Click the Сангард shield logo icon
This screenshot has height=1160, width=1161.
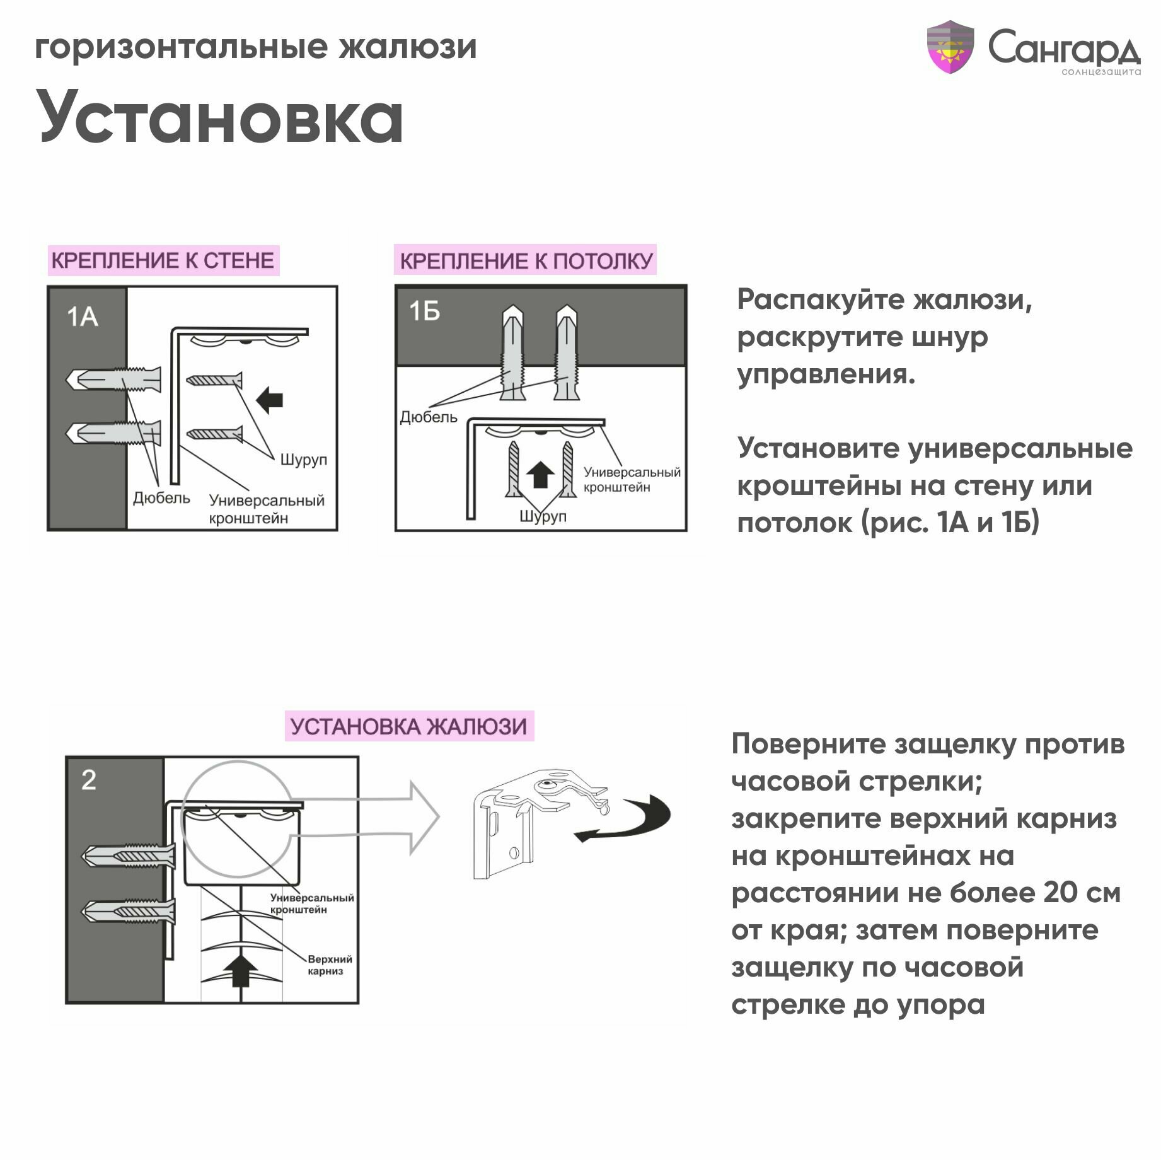tap(950, 47)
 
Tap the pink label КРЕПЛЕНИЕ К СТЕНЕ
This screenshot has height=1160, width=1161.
tap(163, 260)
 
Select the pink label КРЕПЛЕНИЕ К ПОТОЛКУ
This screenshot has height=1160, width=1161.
tap(526, 260)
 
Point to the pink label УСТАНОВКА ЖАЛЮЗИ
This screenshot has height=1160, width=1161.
tap(408, 727)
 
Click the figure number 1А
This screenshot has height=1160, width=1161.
tap(83, 317)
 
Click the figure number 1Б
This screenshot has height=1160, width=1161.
tap(424, 311)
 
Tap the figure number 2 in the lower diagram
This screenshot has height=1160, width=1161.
tap(89, 780)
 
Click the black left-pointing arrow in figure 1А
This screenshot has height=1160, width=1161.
tap(270, 400)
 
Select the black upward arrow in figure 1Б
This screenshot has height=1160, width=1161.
tap(540, 474)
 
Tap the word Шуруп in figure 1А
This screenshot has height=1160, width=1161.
tap(303, 460)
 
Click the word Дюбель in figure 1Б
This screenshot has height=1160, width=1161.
tap(429, 417)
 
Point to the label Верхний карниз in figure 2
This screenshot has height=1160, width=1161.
tap(330, 965)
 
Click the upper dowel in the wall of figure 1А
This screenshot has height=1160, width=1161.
tap(113, 380)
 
